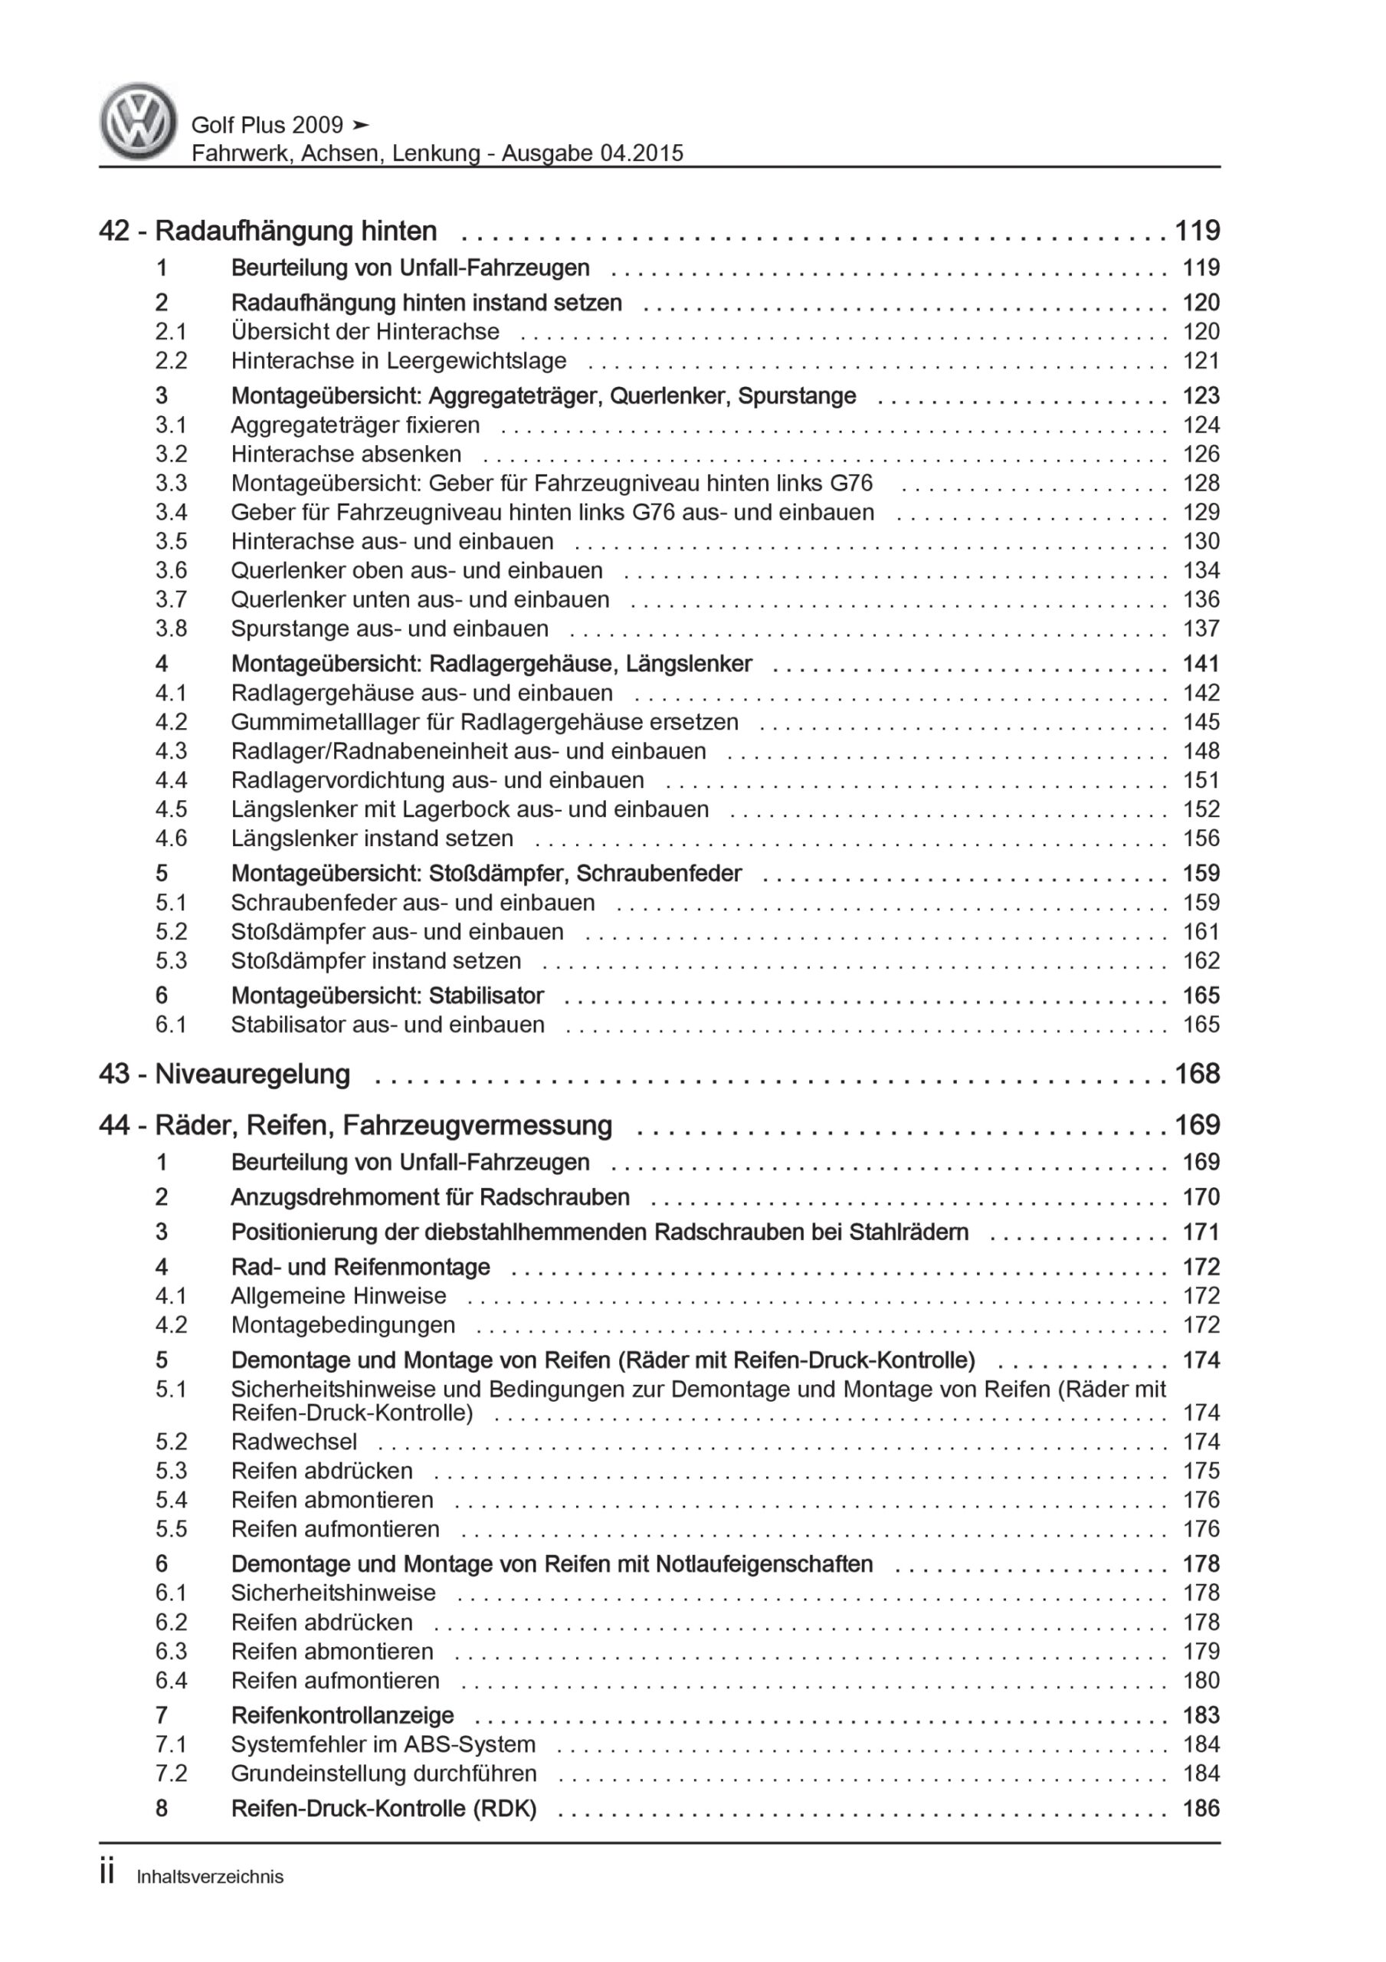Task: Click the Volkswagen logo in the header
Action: coord(138,121)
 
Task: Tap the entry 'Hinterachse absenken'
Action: coord(346,454)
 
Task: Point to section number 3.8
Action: coord(171,628)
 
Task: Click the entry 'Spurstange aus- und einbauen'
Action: coord(390,628)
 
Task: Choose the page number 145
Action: coord(1201,721)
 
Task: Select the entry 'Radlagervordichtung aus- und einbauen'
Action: coord(437,779)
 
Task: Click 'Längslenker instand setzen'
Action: coord(372,838)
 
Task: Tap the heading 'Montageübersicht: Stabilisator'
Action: coord(387,996)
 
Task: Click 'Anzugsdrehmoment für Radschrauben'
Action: coord(430,1196)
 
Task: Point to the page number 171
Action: coord(1201,1232)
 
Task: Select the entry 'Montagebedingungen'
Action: coord(342,1324)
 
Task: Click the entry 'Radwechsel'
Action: coord(294,1442)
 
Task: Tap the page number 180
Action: coord(1201,1680)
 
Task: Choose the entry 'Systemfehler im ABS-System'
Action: coord(383,1744)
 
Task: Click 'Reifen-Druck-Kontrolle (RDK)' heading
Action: coord(384,1808)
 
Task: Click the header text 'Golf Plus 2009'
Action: coord(267,125)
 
